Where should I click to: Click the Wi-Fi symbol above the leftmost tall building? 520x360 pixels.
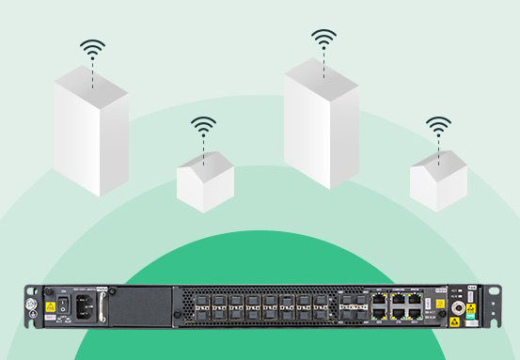[92, 49]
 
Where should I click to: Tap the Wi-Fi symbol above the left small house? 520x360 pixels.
[203, 126]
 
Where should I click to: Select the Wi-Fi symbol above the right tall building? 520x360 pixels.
[323, 39]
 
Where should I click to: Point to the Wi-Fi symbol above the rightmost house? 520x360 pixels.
[437, 126]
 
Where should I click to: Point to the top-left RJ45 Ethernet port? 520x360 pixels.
[378, 300]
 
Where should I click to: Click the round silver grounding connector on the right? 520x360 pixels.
[462, 307]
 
